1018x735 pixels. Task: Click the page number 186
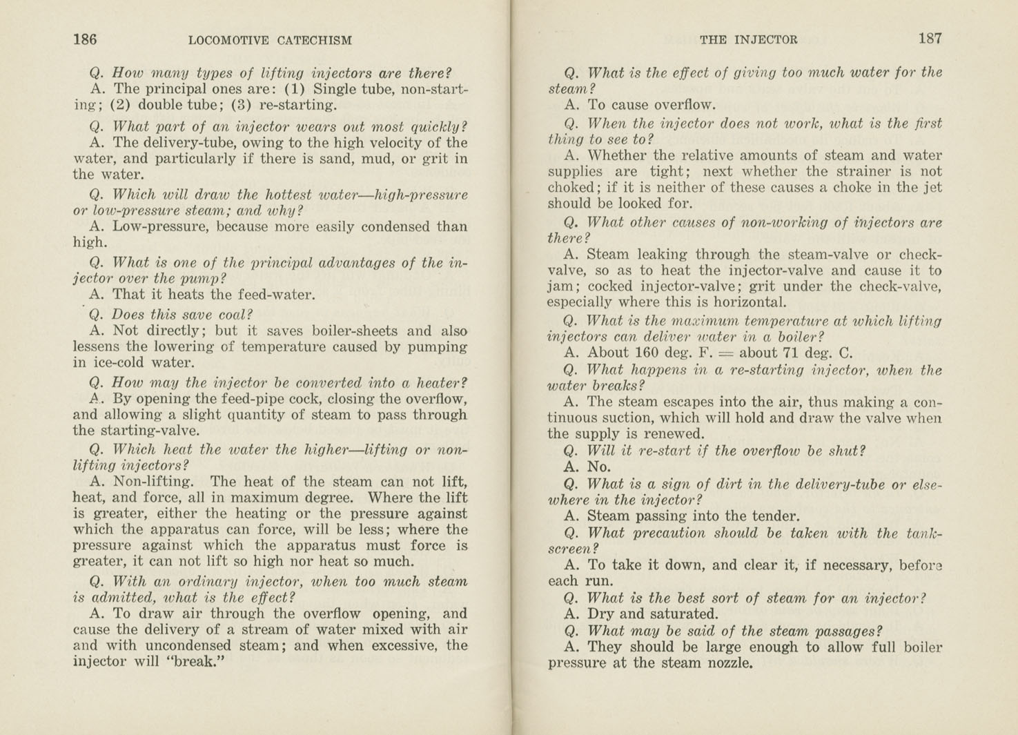click(85, 39)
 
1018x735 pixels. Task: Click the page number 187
click(930, 39)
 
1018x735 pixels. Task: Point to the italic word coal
click(217, 315)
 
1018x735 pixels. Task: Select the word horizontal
click(752, 302)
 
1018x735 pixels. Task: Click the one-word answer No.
click(598, 467)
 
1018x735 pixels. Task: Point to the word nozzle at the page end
click(729, 664)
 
